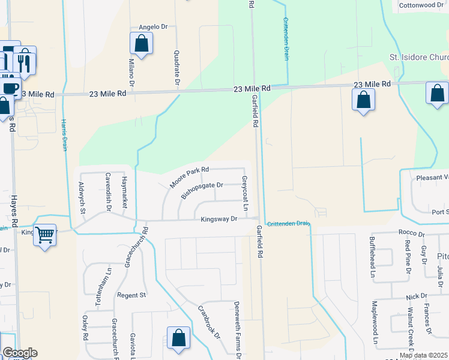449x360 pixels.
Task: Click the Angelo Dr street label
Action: point(152,27)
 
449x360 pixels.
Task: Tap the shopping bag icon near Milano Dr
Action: point(141,44)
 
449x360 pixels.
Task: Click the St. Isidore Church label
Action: point(419,58)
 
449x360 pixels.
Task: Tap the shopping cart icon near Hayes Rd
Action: point(45,235)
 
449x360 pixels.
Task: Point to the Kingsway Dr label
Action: point(220,219)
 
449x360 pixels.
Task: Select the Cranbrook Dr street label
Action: point(209,321)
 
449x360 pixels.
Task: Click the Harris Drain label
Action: point(64,135)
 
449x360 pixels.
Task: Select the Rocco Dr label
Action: point(411,233)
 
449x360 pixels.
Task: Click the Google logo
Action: point(20,353)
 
